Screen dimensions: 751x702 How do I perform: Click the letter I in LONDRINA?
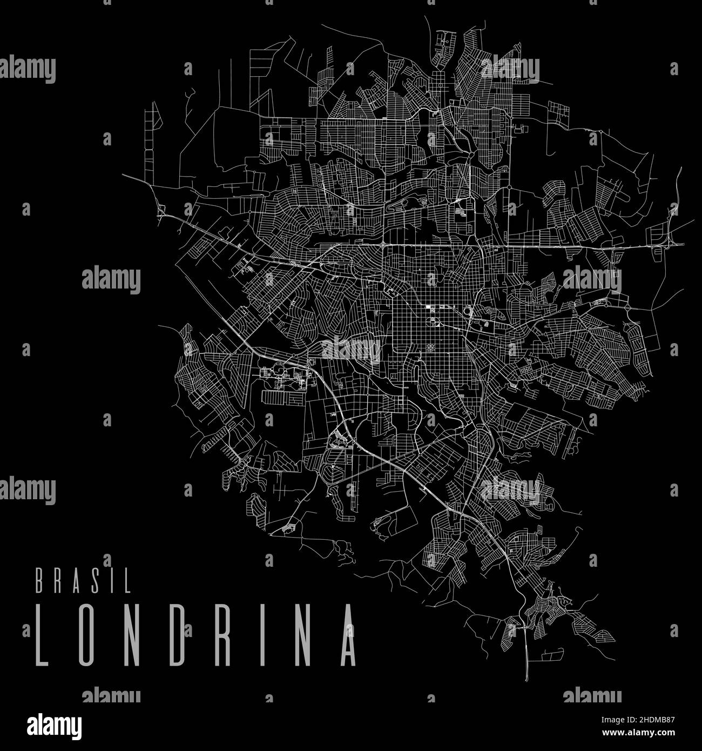[x=261, y=634]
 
